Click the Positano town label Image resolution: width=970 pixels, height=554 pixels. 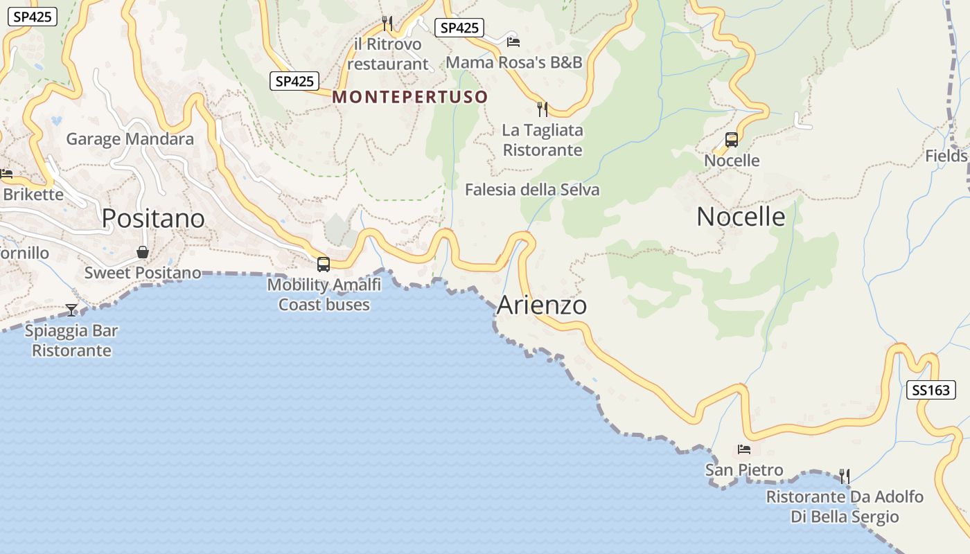coord(153,219)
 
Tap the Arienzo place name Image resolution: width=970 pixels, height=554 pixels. coord(542,305)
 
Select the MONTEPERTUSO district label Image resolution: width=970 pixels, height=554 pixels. coord(410,97)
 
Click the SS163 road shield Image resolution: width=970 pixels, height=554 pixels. coord(931,390)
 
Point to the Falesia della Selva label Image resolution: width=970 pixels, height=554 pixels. coord(532,190)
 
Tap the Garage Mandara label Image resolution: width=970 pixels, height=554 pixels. coord(130,139)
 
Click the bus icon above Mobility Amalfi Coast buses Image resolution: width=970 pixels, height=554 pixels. coord(323,264)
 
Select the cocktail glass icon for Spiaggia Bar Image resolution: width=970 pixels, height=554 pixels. coord(71,310)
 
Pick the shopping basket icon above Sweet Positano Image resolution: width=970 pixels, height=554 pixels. coord(143,252)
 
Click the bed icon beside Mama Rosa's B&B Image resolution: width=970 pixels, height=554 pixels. coord(513,42)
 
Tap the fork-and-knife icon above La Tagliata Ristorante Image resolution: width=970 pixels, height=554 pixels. coord(543,109)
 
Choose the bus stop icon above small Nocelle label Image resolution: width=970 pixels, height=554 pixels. coord(732,140)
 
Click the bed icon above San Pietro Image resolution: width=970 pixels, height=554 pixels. coord(744,449)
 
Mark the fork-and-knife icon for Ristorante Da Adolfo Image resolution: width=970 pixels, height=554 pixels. coord(844,476)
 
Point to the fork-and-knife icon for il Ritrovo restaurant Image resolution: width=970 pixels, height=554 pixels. coord(387,24)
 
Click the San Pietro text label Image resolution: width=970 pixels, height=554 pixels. coord(744,470)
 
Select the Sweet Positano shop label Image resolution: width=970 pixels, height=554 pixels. coord(143,273)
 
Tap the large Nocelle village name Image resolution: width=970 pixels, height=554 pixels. coord(741,217)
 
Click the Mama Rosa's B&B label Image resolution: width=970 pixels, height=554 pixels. coord(514,62)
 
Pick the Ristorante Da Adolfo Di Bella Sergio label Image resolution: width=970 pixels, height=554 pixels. coord(845,507)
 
